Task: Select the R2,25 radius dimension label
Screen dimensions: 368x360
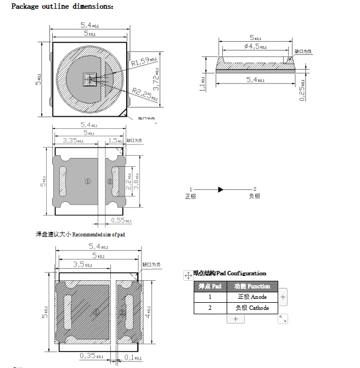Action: [x=144, y=94]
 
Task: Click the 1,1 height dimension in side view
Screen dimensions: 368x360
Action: [x=203, y=83]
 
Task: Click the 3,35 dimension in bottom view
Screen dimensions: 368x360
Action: [x=74, y=141]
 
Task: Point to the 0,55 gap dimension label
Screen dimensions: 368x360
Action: [x=121, y=220]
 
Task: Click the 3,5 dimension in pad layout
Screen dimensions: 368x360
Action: [x=82, y=264]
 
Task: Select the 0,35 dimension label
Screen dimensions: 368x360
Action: [x=91, y=356]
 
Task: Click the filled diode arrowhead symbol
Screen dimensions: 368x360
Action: [x=220, y=189]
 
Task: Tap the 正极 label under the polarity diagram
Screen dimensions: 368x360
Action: [x=190, y=196]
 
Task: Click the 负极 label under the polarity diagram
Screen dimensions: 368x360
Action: [x=254, y=196]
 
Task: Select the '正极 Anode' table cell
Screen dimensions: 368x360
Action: [x=252, y=297]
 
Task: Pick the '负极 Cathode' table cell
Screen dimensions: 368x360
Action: [x=252, y=308]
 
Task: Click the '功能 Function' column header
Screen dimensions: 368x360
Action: [x=252, y=286]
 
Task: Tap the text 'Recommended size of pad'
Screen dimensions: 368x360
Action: [x=99, y=235]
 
